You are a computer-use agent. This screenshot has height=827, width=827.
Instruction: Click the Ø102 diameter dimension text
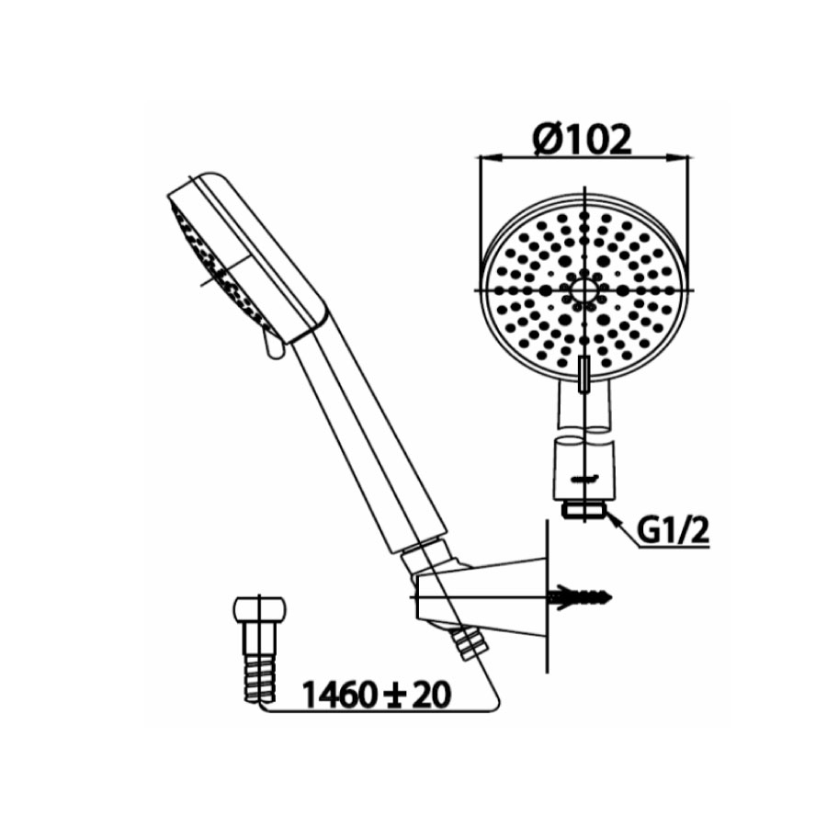583,140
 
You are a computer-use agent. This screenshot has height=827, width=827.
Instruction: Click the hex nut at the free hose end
260,613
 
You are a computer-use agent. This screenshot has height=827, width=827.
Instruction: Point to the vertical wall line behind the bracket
546,597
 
